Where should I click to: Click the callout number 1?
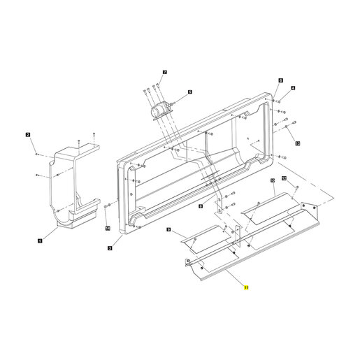pos(40,240)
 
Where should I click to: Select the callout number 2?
pos(28,135)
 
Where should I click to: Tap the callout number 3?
pos(110,248)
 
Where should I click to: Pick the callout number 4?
pos(293,88)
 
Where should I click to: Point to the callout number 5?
pos(190,92)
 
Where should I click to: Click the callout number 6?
pos(281,80)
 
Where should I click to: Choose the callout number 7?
pos(165,72)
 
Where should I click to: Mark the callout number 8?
pos(201,206)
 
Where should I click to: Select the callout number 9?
pos(168,230)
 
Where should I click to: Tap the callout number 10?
pos(273,180)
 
